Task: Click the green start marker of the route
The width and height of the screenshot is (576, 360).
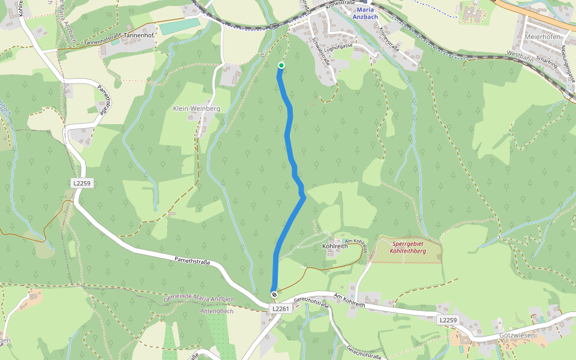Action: pyautogui.click(x=281, y=65)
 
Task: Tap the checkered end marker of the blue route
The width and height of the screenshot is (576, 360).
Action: pyautogui.click(x=274, y=294)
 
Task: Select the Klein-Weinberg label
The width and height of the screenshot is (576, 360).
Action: pyautogui.click(x=196, y=109)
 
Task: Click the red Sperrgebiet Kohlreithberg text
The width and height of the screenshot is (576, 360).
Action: pyautogui.click(x=408, y=247)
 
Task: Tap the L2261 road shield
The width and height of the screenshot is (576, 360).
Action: pyautogui.click(x=280, y=308)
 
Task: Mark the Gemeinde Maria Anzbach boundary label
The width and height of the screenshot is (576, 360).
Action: pyautogui.click(x=199, y=299)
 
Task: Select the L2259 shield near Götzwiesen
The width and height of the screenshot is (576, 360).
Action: pyautogui.click(x=448, y=320)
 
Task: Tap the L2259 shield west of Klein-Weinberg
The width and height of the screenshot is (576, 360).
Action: pyautogui.click(x=82, y=183)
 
